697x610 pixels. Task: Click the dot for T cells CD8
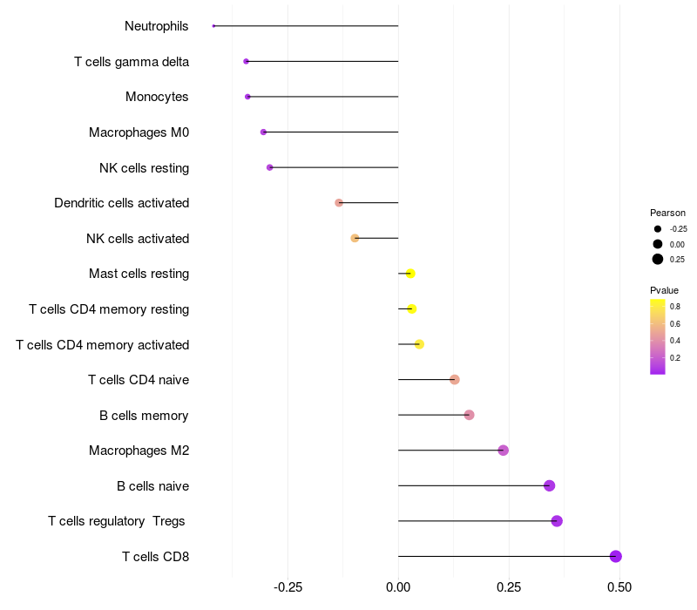[x=615, y=556]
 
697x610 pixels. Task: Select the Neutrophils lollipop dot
[x=213, y=26]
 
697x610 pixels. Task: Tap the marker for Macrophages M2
[x=503, y=451]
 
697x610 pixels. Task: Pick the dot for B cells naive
[x=549, y=485]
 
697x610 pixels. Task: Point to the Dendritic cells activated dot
[x=339, y=203]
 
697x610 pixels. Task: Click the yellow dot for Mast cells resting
[x=410, y=274]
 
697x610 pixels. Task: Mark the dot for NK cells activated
[x=355, y=238]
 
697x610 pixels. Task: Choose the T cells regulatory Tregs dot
[x=557, y=521]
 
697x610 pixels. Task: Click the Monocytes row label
[x=157, y=97]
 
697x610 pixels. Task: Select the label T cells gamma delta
[x=132, y=62]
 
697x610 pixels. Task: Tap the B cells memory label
[x=144, y=416]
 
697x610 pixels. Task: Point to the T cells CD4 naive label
[x=139, y=380]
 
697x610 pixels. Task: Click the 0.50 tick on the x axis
[x=619, y=587]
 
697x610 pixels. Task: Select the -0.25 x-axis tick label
[x=288, y=587]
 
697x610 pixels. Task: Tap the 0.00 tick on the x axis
[x=398, y=587]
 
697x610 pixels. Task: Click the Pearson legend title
[x=667, y=213]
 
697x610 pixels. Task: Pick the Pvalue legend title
[x=664, y=290]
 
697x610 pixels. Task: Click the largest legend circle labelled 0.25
[x=658, y=259]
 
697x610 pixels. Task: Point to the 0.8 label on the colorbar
[x=675, y=306]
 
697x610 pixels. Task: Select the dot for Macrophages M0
[x=263, y=132]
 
